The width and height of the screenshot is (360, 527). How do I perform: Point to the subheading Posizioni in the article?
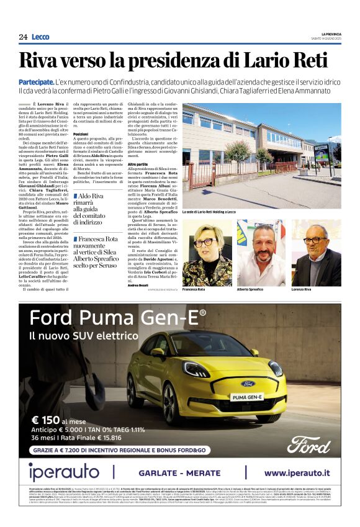pos(81,134)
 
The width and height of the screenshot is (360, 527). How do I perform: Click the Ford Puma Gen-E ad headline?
pos(118,318)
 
